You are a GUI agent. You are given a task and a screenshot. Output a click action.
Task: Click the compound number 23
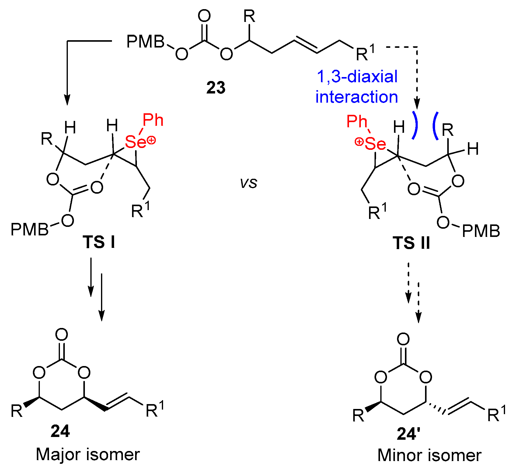click(216, 88)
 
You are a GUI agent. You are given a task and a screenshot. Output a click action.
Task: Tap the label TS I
click(99, 242)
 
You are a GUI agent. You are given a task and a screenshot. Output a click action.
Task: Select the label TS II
click(411, 243)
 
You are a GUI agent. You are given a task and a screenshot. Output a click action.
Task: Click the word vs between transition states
click(249, 183)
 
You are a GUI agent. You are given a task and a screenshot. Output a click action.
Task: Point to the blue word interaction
click(357, 97)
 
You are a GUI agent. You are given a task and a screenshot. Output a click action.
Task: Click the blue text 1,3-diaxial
click(357, 76)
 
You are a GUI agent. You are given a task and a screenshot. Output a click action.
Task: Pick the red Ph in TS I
click(153, 120)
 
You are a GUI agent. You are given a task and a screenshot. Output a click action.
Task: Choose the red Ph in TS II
click(357, 122)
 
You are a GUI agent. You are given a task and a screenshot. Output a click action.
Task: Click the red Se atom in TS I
click(136, 142)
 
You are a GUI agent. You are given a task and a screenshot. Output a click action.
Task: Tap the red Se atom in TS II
click(375, 144)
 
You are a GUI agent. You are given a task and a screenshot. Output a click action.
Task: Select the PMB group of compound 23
click(145, 42)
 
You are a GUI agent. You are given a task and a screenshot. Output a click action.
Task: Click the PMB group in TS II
click(481, 231)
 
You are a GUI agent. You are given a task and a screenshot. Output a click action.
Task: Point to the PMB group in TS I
click(30, 229)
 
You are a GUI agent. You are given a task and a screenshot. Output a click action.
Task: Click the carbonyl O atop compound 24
click(62, 335)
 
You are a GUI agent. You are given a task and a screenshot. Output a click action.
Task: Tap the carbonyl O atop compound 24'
click(403, 339)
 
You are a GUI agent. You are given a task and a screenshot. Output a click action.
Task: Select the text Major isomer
click(88, 454)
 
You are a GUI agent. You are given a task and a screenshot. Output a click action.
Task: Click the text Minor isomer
click(429, 456)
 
